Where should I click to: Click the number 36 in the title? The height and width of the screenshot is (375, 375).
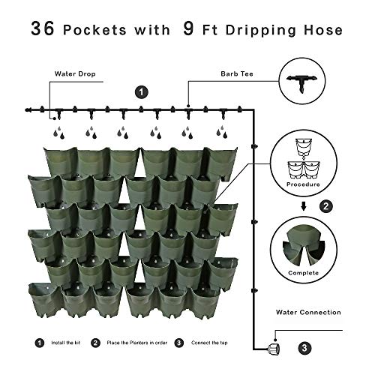pyautogui.click(x=43, y=28)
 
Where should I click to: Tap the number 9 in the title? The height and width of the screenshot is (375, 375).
pyautogui.click(x=188, y=28)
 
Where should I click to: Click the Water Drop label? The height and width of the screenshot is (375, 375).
pyautogui.click(x=75, y=73)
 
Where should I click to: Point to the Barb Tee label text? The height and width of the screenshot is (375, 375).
pyautogui.click(x=237, y=73)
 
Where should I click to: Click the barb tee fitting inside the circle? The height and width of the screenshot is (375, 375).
pyautogui.click(x=302, y=82)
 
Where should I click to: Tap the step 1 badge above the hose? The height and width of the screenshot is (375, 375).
pyautogui.click(x=142, y=92)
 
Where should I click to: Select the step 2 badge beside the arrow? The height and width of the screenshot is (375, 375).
pyautogui.click(x=326, y=206)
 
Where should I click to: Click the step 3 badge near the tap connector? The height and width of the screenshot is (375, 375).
pyautogui.click(x=304, y=348)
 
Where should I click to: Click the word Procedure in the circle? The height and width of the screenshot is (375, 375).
pyautogui.click(x=303, y=184)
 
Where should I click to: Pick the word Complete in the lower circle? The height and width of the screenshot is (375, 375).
pyautogui.click(x=304, y=273)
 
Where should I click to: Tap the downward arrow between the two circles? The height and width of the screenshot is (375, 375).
pyautogui.click(x=304, y=206)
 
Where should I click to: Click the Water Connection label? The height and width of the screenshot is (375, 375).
pyautogui.click(x=308, y=312)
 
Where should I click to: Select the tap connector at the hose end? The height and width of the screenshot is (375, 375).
pyautogui.click(x=274, y=349)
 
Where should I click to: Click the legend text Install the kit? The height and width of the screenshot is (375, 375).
pyautogui.click(x=66, y=343)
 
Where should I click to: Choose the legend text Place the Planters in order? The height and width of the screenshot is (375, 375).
pyautogui.click(x=137, y=343)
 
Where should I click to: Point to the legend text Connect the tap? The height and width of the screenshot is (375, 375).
pyautogui.click(x=209, y=343)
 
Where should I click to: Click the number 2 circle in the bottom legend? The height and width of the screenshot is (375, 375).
pyautogui.click(x=95, y=343)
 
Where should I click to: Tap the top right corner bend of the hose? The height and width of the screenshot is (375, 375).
pyautogui.click(x=253, y=110)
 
